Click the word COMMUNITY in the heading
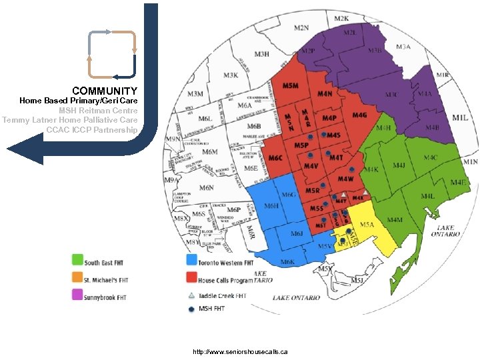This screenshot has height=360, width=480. point(105,91)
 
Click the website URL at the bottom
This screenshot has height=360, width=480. point(239,351)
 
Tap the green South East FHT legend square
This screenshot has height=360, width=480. point(78,259)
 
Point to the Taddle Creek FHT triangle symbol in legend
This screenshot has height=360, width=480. point(191,295)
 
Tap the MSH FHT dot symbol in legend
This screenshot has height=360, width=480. point(191,308)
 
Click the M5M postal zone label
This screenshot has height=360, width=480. point(290,87)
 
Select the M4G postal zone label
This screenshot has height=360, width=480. point(360,115)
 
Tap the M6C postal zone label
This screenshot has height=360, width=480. point(276,157)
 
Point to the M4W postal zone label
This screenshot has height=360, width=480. point(345,179)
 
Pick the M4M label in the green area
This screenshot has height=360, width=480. point(395,219)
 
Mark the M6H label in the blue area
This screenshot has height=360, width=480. point(271,207)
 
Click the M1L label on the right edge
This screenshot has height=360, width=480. point(460,117)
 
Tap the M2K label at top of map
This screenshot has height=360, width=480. point(341,19)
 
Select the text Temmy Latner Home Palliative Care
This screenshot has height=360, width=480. point(70,120)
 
